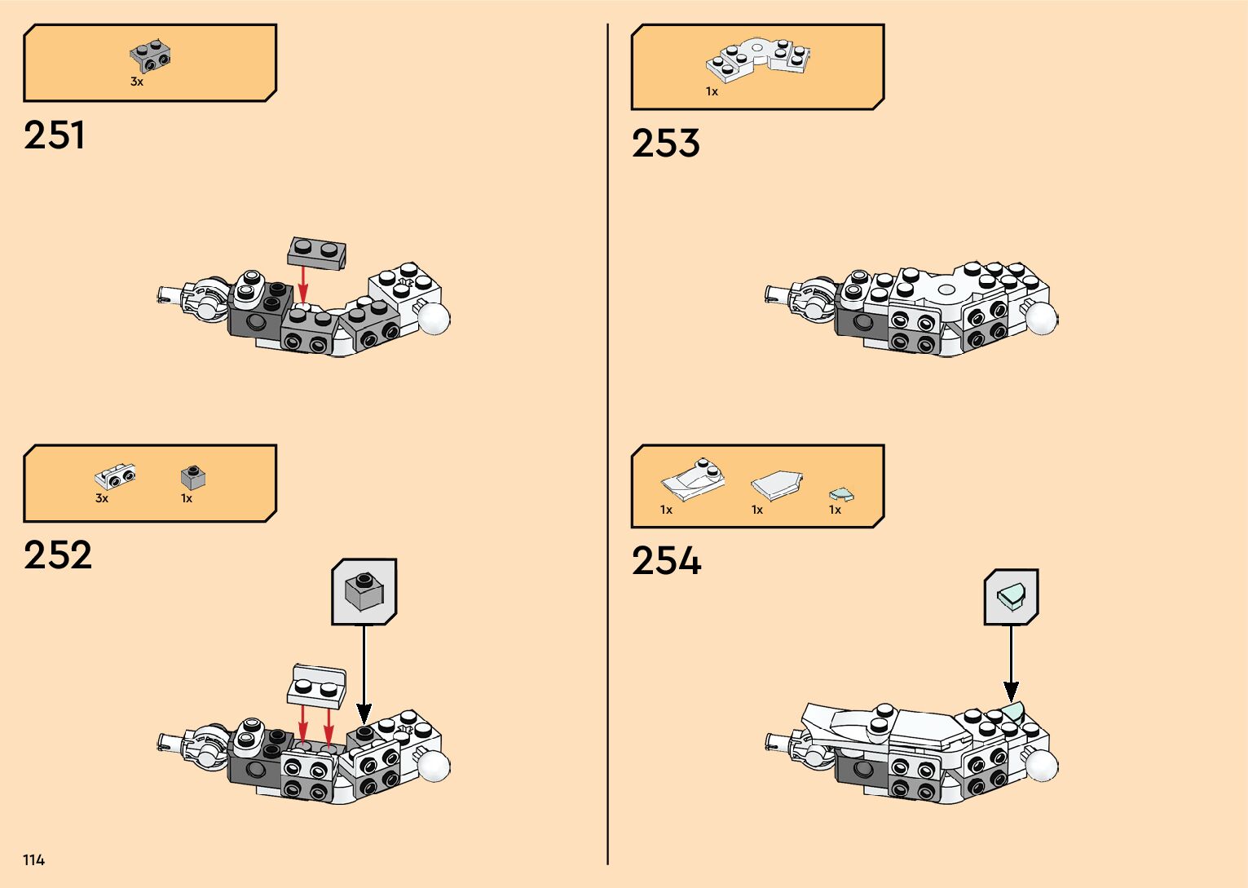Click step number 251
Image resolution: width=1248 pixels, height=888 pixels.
pos(55,135)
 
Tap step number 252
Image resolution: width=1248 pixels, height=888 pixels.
pos(58,555)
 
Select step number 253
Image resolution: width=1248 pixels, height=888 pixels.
pos(665,144)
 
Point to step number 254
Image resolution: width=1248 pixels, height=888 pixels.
pos(666,561)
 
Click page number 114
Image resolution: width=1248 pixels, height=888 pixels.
pos(33,859)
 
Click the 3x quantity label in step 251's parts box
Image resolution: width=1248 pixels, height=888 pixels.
pos(137,82)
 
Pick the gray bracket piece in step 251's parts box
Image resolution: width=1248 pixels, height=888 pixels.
pos(151,55)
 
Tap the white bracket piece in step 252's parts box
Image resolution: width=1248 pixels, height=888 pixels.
pos(115,476)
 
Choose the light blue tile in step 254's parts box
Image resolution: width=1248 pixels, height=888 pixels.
pos(840,494)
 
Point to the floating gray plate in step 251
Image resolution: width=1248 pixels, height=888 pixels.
pos(317,253)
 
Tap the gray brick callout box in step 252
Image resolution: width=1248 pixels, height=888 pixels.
pos(364,592)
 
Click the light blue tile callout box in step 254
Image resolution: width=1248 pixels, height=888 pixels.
pos(1011,597)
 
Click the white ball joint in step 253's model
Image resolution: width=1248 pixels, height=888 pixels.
pos(1041,318)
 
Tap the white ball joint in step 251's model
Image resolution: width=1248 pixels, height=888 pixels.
pos(433,318)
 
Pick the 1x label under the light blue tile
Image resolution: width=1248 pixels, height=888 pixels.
pos(835,510)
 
